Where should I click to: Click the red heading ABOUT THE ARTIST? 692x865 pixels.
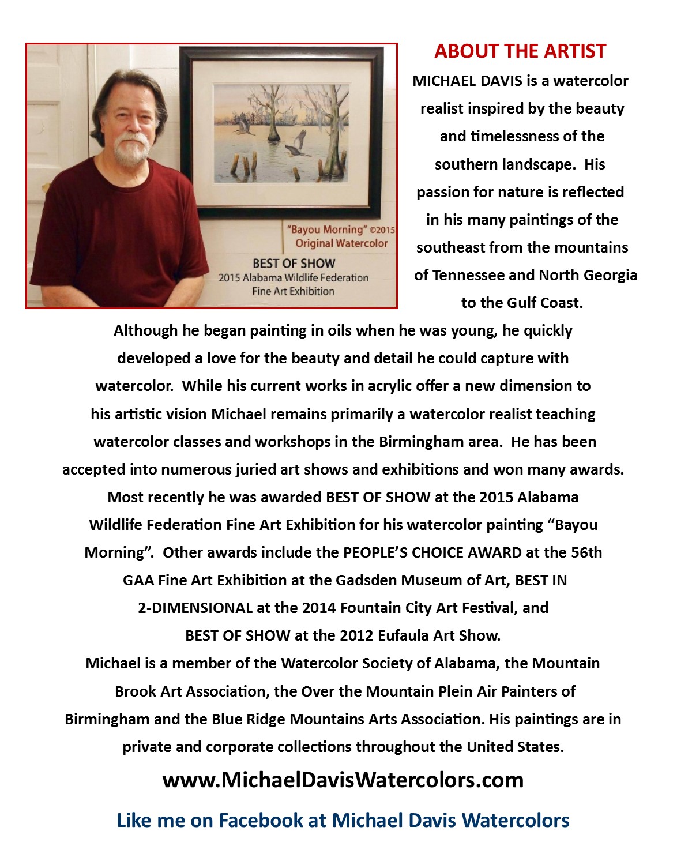520,51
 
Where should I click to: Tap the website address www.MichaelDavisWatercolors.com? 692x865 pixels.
343,780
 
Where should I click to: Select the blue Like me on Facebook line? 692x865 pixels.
343,820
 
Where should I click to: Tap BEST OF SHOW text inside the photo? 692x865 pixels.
294,264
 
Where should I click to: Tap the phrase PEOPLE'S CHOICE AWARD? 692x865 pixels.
432,552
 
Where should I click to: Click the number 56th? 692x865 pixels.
586,552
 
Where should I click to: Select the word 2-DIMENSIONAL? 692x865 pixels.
195,608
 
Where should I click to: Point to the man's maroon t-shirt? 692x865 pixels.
115,231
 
